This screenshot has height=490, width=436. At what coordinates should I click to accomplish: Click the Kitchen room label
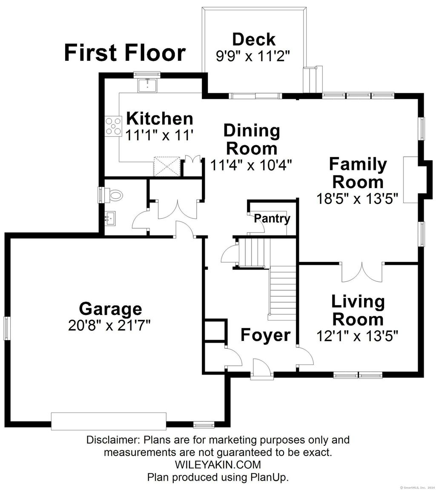[160, 119]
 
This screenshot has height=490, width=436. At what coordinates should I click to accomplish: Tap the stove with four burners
[113, 126]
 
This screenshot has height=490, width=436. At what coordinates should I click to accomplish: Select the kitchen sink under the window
[147, 85]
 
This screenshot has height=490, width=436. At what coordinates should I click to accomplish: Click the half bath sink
[110, 218]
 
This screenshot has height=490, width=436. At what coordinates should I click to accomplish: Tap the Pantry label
[272, 218]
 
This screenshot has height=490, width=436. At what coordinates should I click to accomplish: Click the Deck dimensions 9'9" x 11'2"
[253, 56]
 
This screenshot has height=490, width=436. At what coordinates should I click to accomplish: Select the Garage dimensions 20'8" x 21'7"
[109, 325]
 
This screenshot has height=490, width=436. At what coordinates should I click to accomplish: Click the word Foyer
[265, 335]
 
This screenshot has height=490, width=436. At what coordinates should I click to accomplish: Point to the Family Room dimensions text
[358, 198]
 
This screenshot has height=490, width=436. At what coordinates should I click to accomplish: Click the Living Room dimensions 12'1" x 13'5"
[357, 336]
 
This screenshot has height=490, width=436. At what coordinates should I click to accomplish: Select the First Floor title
[125, 53]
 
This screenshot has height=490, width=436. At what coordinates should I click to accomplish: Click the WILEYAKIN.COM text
[218, 465]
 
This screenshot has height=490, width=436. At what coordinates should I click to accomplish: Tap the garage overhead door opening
[109, 421]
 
